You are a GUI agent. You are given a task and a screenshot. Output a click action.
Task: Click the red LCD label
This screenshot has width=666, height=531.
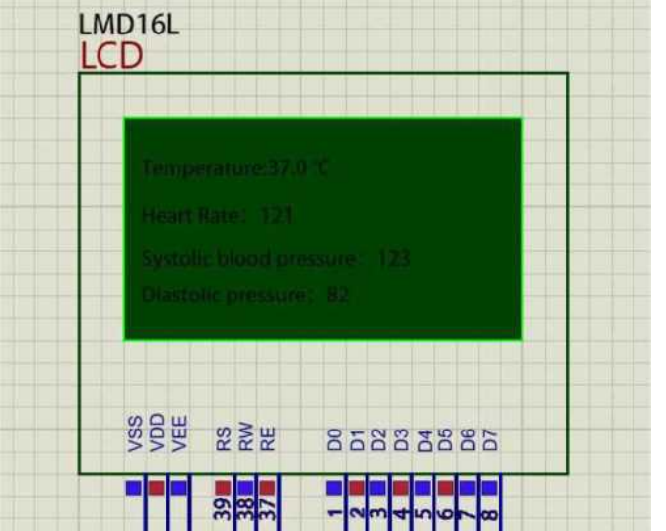111,57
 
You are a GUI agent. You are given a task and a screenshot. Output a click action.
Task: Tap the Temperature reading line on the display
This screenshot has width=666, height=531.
236,168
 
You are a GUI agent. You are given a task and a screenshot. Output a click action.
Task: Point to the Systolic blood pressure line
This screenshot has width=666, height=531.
276,259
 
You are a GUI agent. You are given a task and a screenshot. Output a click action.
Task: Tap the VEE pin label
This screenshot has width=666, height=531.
178,434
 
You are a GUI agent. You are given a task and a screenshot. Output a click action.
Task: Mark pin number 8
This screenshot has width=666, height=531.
489,512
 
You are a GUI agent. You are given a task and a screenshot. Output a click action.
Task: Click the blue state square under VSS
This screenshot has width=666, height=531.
134,487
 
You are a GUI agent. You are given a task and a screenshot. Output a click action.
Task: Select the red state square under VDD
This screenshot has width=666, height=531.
156,487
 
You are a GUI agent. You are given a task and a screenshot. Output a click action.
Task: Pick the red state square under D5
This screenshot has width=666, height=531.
445,487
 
